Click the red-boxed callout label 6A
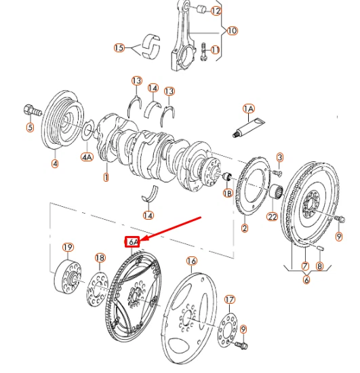coord(132,241)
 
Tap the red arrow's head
coord(142,239)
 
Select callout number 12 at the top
coord(216,11)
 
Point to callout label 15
coord(119,47)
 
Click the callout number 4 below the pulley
coord(55,163)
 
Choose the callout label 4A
coord(87,157)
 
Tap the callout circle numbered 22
coord(273,217)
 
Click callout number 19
coord(68,247)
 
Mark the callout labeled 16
coord(191,261)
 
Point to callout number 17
coord(229,300)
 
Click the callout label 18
coord(100,258)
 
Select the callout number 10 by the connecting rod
coord(233,31)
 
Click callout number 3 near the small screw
coord(279,157)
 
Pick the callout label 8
coord(321,267)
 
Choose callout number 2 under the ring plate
coord(244,228)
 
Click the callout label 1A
coord(248,109)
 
